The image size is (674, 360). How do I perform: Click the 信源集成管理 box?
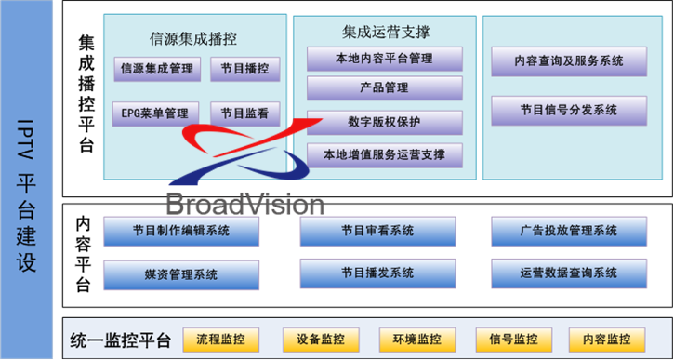(155, 68)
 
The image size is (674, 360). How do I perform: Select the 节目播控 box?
(244, 68)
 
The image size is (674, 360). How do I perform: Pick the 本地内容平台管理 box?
(384, 60)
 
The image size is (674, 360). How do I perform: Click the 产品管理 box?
(384, 88)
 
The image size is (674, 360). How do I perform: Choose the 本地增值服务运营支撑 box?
(384, 153)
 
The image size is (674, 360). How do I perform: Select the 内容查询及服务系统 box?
(568, 60)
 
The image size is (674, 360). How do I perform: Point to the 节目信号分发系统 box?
(568, 109)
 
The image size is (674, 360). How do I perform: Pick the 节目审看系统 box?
(377, 231)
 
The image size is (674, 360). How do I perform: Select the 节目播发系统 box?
(377, 273)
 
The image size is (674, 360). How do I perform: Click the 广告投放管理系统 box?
(568, 231)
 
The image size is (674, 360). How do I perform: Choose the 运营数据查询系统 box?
(568, 273)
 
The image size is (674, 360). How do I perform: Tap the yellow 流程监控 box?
(220, 339)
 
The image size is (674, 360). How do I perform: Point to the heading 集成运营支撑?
(385, 32)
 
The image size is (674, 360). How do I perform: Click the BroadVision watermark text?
(244, 204)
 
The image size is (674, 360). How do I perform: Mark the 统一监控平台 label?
(113, 340)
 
